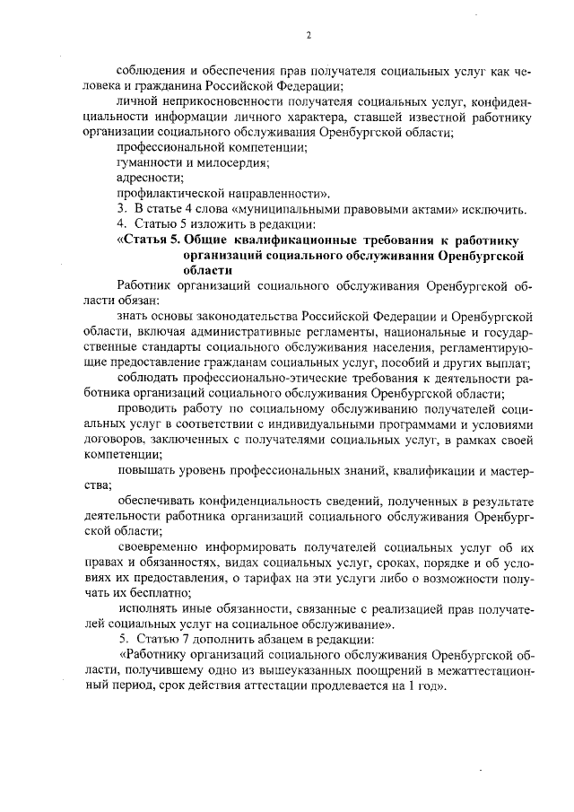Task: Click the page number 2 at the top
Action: (308, 36)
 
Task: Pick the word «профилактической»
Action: (168, 193)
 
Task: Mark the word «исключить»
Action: (492, 209)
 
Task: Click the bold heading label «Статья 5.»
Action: (151, 240)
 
